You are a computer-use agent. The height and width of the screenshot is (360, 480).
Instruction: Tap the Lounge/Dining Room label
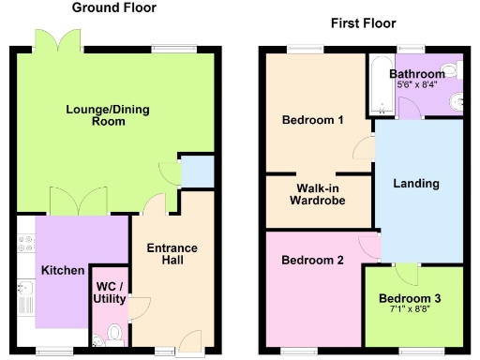[x=108, y=116]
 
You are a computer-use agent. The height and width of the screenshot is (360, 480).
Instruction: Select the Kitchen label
[x=63, y=270]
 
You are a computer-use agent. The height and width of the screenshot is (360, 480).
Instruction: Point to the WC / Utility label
[x=111, y=291]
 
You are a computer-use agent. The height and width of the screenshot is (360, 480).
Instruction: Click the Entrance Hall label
[x=172, y=255]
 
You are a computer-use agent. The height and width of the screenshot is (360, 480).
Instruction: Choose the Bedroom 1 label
[x=313, y=120]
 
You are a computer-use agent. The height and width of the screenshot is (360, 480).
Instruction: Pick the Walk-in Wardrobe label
[x=318, y=193]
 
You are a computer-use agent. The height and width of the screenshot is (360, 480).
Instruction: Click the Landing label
[x=416, y=184]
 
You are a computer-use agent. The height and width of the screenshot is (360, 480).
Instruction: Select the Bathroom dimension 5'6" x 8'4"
[x=417, y=85]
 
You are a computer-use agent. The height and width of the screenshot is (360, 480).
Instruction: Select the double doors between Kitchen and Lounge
[x=80, y=201]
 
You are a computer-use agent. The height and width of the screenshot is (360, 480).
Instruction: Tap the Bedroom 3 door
[x=406, y=274]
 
